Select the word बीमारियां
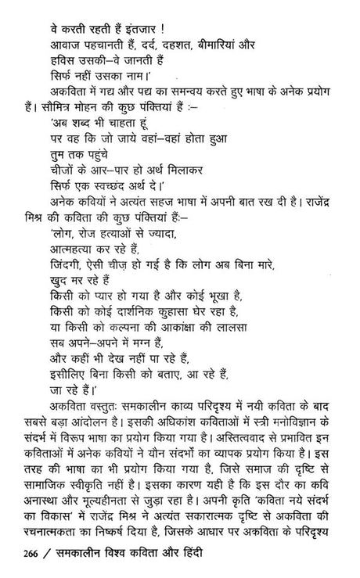click(x=222, y=31)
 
